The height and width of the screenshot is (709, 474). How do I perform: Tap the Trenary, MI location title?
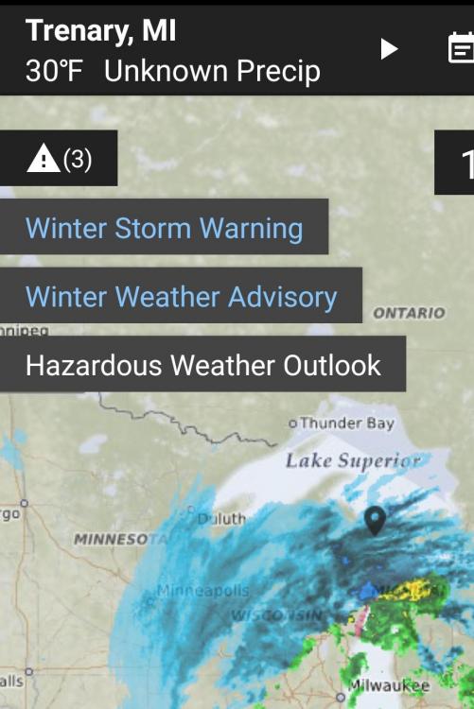click(x=100, y=30)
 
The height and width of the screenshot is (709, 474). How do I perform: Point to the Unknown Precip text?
click(x=212, y=71)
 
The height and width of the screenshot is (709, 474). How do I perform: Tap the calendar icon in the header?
click(x=460, y=48)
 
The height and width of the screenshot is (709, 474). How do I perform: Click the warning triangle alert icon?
click(x=43, y=159)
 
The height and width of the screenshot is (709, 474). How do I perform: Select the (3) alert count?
click(x=78, y=159)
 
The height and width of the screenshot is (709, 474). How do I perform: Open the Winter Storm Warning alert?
click(x=164, y=228)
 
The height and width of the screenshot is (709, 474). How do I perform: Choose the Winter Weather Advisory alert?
click(x=181, y=297)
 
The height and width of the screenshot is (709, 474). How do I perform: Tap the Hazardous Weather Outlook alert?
click(x=202, y=365)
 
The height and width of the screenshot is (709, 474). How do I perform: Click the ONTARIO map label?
click(x=409, y=313)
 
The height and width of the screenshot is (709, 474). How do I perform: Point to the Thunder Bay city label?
click(x=345, y=424)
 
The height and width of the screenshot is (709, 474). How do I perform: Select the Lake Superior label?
click(x=353, y=461)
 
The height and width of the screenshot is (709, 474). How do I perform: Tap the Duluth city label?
click(x=221, y=518)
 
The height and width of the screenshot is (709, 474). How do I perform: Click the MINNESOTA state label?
click(x=112, y=540)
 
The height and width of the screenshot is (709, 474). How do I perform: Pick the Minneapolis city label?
click(x=202, y=590)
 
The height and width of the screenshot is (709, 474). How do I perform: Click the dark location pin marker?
click(x=376, y=519)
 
